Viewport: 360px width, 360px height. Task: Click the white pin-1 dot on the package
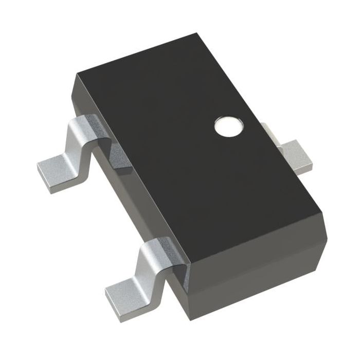tap(228, 126)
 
